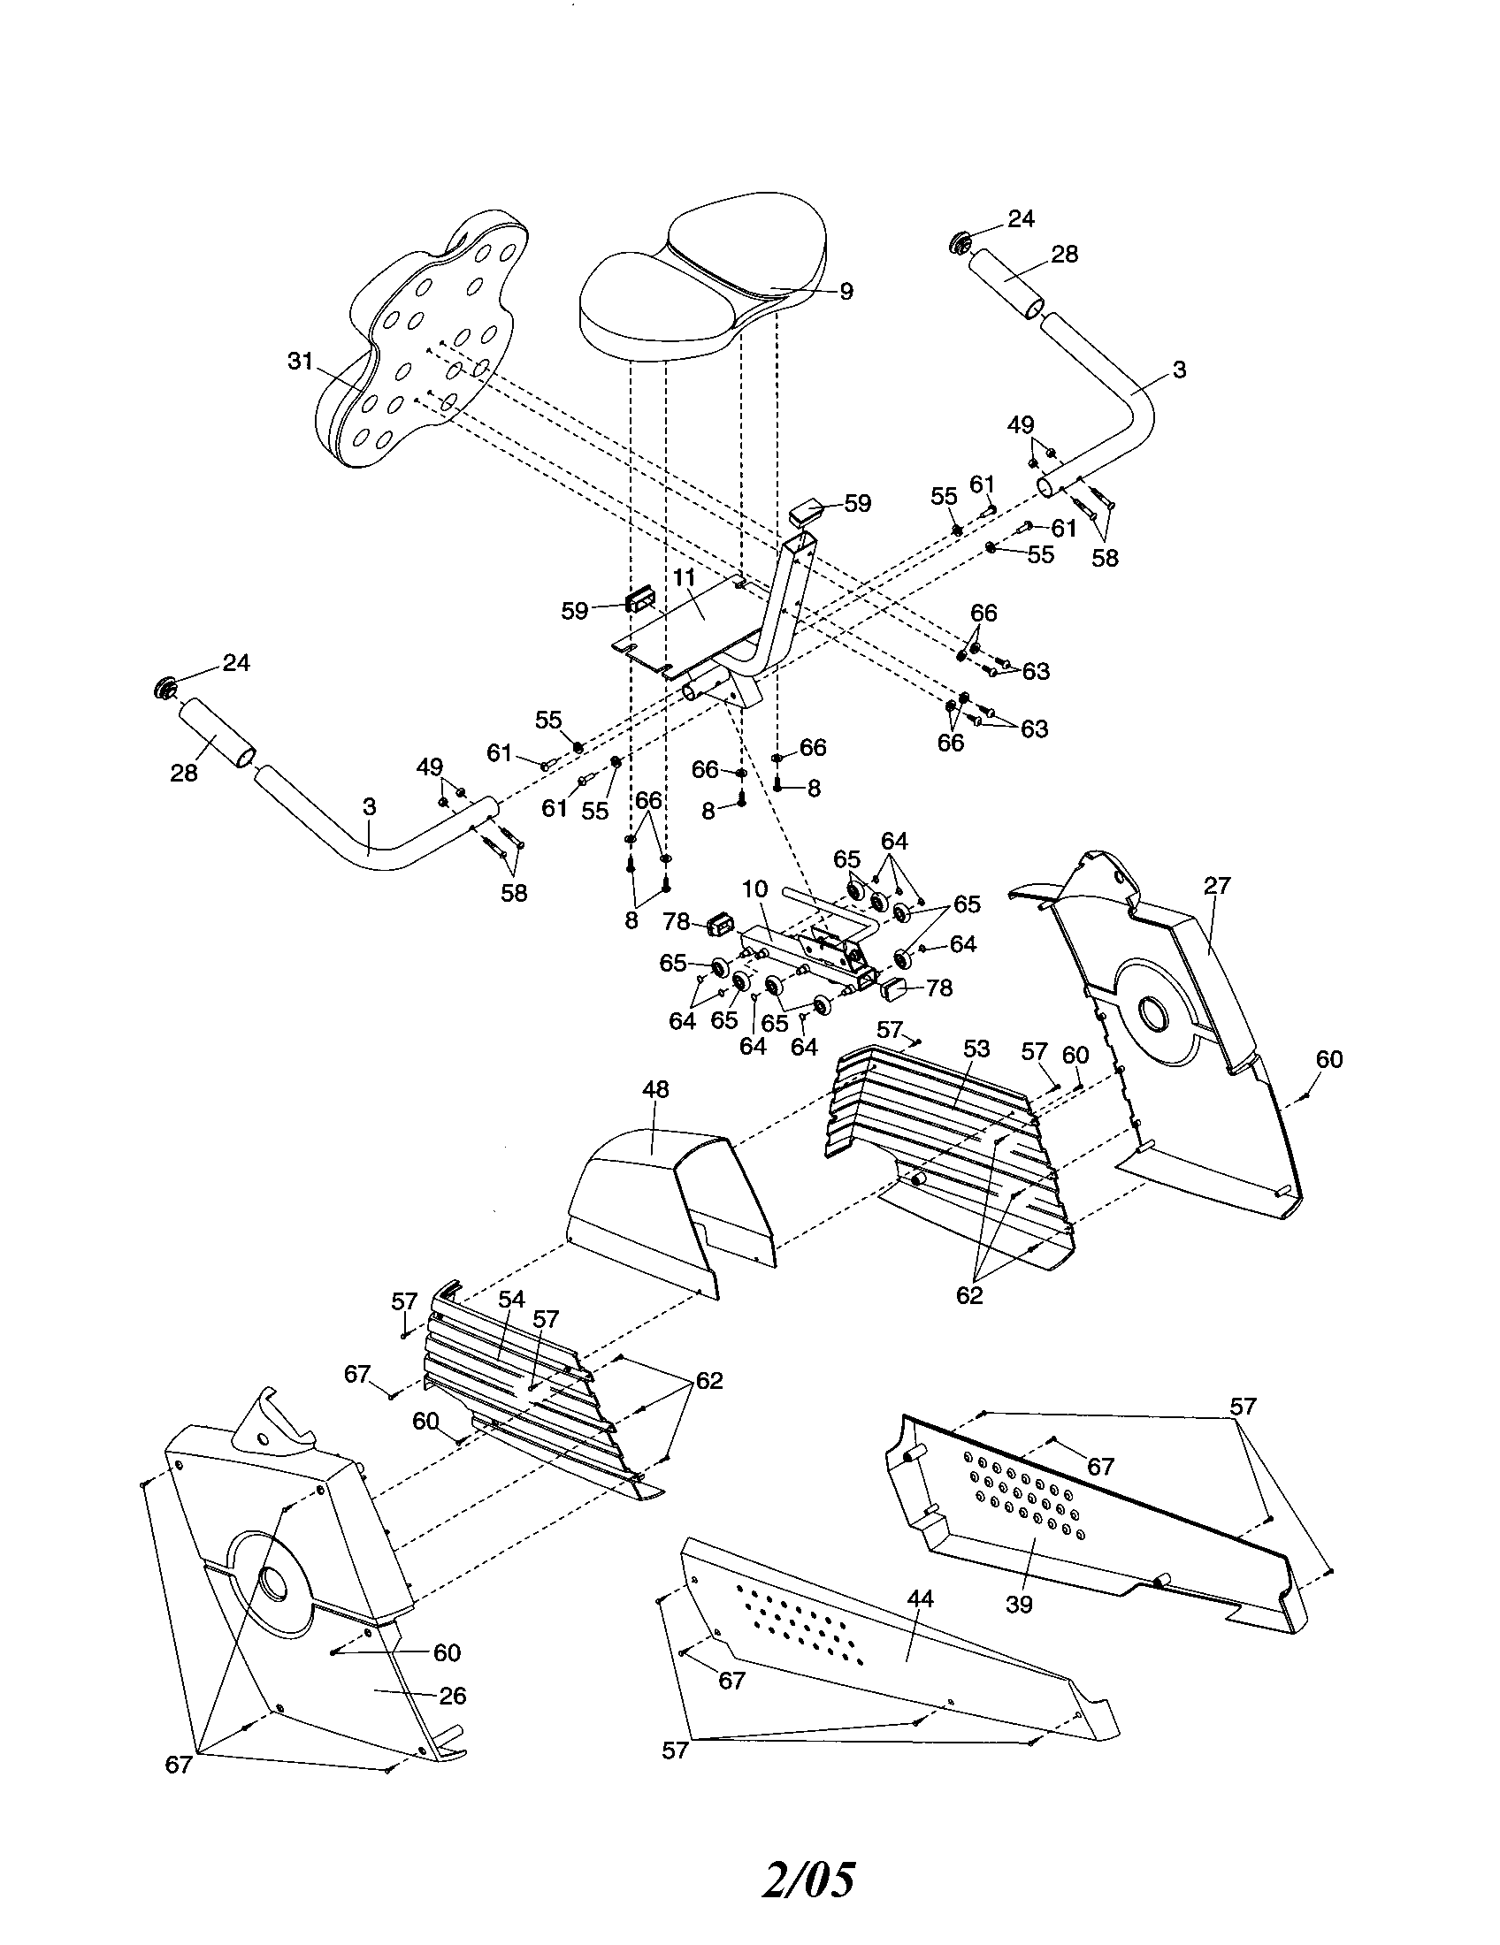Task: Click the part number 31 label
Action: coord(300,361)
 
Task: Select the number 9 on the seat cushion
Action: coord(846,291)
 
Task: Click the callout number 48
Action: coord(655,1089)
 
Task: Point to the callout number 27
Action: coord(1217,885)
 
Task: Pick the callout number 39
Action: coord(1019,1604)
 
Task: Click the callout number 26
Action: coord(453,1695)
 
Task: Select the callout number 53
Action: coord(976,1049)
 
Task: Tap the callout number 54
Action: coord(511,1300)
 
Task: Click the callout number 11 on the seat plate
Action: coord(683,577)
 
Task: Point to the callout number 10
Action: coord(754,889)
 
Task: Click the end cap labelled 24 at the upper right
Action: coord(961,241)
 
